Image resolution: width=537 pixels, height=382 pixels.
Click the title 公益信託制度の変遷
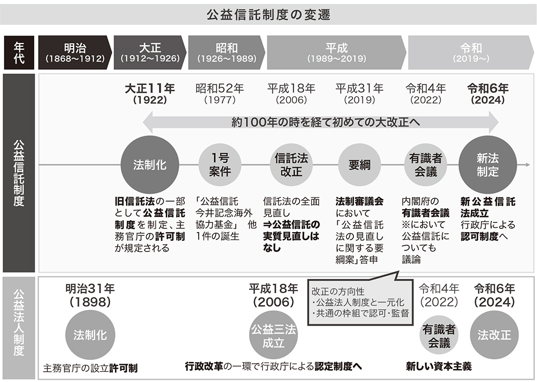[x=268, y=14]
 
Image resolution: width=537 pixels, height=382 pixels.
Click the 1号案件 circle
[x=219, y=165]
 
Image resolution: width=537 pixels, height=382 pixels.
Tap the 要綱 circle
[x=359, y=165]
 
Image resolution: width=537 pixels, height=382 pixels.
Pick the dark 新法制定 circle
[x=487, y=165]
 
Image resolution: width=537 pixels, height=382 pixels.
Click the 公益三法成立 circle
[x=273, y=336]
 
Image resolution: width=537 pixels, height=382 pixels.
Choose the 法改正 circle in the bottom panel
[x=494, y=335]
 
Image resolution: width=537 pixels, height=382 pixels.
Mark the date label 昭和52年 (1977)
[x=219, y=94]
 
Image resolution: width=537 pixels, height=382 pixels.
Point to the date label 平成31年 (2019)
[x=359, y=94]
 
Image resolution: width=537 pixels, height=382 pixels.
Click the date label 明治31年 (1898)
[x=90, y=295]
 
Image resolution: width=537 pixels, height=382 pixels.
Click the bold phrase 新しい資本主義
[x=439, y=367]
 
